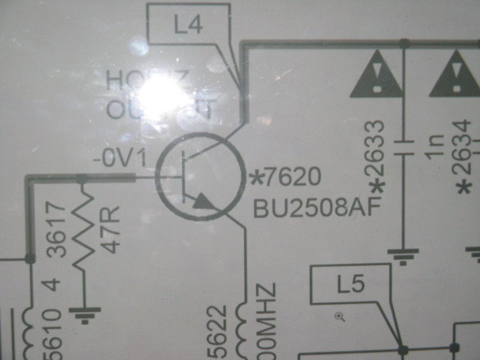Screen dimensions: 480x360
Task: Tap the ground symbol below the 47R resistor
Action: tap(84, 313)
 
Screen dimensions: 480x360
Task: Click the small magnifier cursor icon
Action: tap(340, 316)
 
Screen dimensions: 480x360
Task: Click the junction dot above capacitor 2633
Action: tap(403, 43)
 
